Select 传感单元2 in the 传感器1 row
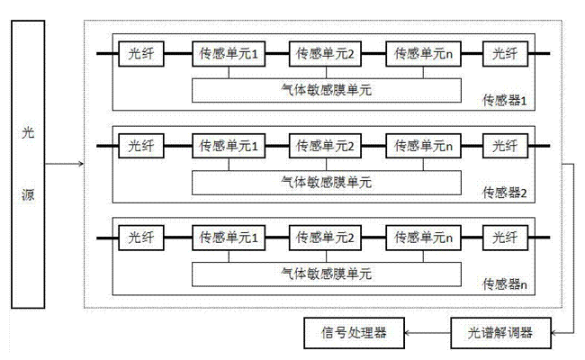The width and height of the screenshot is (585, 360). (326, 55)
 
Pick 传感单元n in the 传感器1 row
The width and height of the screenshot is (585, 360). (422, 55)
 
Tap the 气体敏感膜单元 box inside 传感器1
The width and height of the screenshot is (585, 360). (326, 88)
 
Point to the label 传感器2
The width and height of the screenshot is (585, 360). (504, 192)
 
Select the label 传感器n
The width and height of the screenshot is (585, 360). (504, 283)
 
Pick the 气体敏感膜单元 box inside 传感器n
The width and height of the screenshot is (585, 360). (326, 271)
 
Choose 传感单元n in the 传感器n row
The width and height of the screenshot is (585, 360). (422, 238)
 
